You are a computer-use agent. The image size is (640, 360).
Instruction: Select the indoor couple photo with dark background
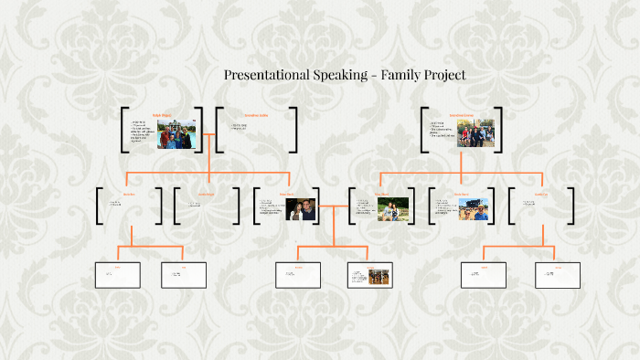pos(301,210)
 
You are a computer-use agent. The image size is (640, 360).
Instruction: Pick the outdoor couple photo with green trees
pos(392,210)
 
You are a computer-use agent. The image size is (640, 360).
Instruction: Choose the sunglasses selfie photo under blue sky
pos(473,210)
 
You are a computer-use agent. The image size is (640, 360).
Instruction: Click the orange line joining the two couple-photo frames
pos(333,206)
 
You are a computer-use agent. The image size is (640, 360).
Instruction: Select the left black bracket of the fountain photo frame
pos(123,130)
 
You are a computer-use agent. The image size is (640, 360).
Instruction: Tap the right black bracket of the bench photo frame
pos(501,130)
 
